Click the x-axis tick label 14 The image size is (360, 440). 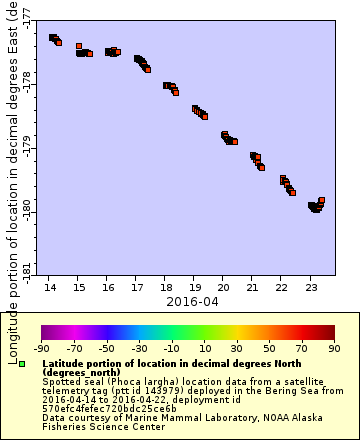point(50,287)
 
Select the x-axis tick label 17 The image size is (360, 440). point(137,287)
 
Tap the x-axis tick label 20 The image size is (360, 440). point(223,287)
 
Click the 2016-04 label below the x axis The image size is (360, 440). point(180,300)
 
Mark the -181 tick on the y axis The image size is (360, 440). point(27,268)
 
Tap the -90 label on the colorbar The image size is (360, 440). point(42,349)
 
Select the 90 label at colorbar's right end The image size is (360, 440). point(334,349)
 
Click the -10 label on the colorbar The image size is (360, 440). point(171,349)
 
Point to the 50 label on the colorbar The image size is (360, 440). point(269,349)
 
